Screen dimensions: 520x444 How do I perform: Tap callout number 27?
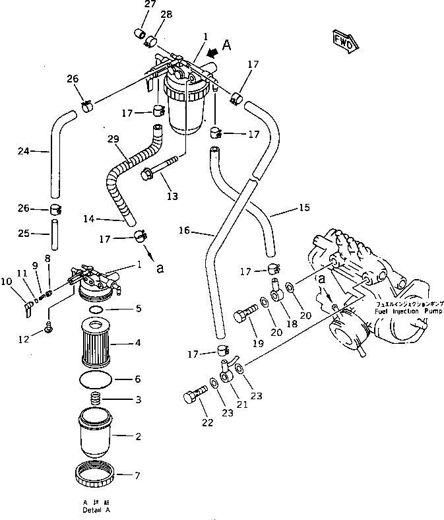(150, 5)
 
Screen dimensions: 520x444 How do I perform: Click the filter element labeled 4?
(99, 342)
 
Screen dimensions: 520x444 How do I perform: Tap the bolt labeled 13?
(160, 169)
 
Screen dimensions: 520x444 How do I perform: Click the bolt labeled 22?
(191, 397)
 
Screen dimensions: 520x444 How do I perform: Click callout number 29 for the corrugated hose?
(113, 140)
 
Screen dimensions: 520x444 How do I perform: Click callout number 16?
(184, 230)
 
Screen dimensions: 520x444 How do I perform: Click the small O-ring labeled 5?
(96, 308)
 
